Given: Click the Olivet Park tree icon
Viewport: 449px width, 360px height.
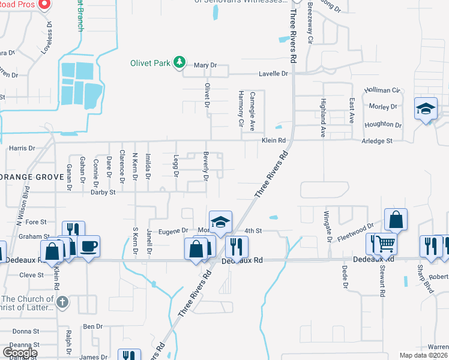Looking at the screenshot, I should (178, 62).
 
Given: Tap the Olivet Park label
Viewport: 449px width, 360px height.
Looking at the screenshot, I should (150, 63).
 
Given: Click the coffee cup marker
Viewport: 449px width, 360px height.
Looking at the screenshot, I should (89, 246).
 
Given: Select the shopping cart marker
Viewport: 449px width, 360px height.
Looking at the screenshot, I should (387, 244).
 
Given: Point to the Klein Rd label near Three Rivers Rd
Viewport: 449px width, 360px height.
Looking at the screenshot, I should (272, 140).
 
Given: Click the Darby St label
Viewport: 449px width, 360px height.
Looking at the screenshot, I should (103, 193).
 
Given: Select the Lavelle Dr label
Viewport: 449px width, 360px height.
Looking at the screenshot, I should (273, 74).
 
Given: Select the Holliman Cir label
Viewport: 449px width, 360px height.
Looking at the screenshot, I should (382, 90).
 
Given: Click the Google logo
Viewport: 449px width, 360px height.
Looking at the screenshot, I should (20, 353).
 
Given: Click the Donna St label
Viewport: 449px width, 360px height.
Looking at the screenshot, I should (25, 331).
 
